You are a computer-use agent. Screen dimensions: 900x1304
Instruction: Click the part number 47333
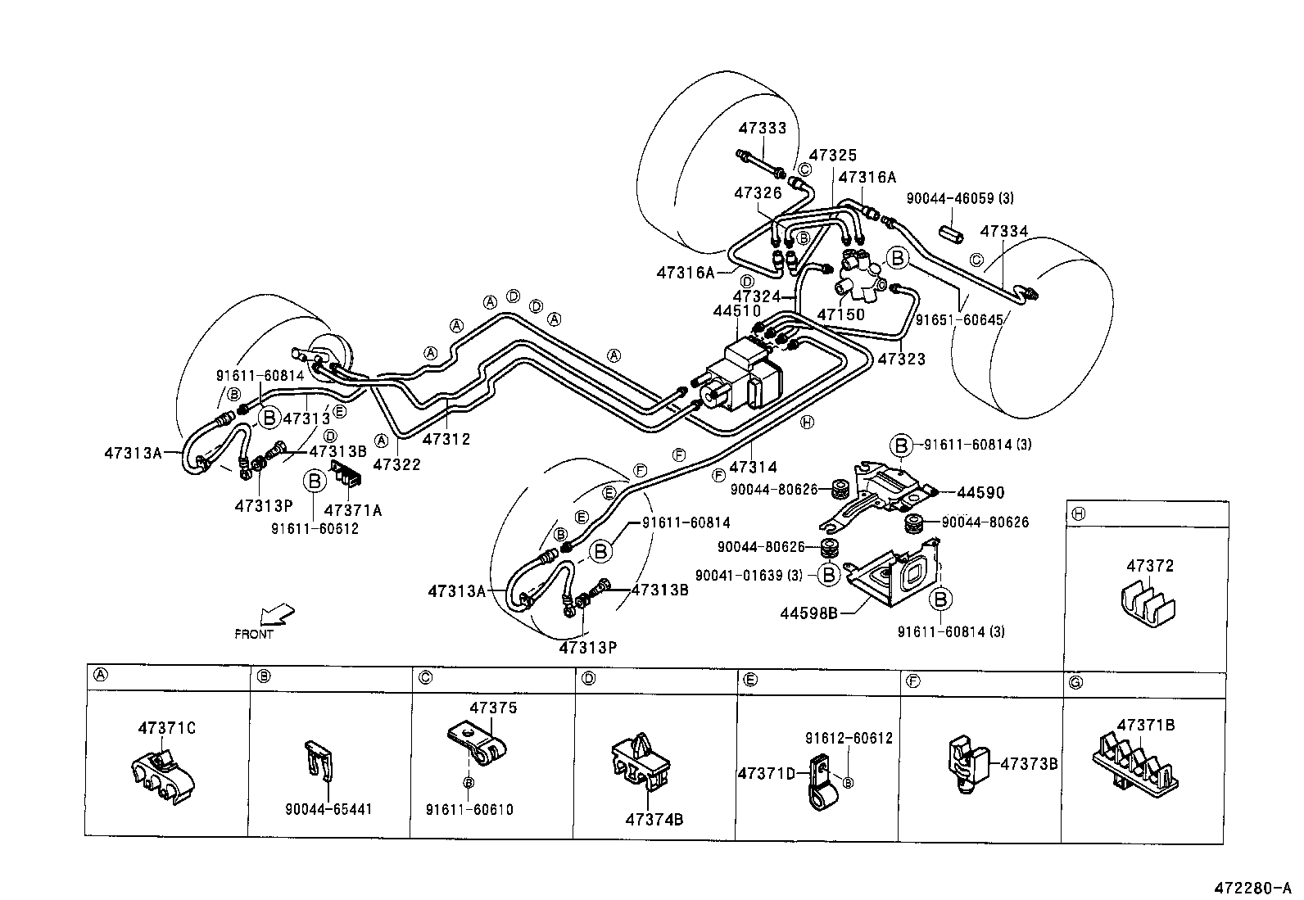tap(762, 129)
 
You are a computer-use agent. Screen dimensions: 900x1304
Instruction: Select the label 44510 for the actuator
tap(736, 311)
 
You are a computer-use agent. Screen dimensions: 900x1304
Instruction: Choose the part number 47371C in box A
tap(166, 727)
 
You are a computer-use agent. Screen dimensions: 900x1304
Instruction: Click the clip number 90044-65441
tap(328, 809)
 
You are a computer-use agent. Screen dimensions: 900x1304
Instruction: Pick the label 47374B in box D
tap(654, 818)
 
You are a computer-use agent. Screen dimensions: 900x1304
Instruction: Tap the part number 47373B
tap(1029, 762)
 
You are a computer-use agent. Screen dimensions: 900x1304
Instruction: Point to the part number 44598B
tap(809, 612)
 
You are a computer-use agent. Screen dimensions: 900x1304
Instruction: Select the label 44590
tap(980, 493)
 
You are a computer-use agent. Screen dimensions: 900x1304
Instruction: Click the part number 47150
tap(841, 314)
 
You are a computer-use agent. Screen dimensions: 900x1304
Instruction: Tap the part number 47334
tap(1004, 232)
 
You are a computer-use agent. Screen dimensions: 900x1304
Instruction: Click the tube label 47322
tap(396, 464)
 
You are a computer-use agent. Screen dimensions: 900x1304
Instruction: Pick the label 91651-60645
tap(958, 320)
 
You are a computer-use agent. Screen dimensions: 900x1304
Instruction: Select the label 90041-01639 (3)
tap(749, 576)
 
